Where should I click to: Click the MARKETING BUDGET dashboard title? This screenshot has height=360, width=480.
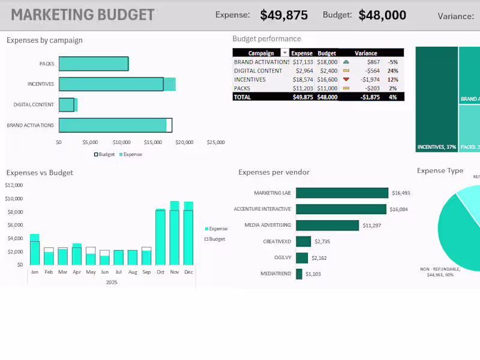pos(83,14)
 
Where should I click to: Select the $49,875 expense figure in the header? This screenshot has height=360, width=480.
pos(284,16)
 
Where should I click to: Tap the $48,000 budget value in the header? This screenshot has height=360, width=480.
pos(382,16)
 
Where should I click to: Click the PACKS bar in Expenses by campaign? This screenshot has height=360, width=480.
pos(94,64)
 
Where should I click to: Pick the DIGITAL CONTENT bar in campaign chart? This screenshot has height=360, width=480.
pos(67,105)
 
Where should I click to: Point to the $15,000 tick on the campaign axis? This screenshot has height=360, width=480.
pos(153,143)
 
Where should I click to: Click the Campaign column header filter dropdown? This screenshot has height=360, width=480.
pos(284,53)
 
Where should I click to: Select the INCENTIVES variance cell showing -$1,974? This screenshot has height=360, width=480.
pos(370,79)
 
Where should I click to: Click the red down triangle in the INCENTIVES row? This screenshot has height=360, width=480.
pos(346,79)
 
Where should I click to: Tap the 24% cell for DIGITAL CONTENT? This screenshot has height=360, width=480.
pos(393,71)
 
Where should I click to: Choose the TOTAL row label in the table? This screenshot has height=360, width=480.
pos(242,97)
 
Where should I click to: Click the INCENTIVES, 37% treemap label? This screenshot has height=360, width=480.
pos(436,147)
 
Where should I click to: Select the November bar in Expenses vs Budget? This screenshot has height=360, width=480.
pos(175,234)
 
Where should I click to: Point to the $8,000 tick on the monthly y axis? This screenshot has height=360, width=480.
pos(14,212)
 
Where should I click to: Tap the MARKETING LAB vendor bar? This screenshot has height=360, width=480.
pos(342,193)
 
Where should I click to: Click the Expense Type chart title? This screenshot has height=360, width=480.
pos(440,171)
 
